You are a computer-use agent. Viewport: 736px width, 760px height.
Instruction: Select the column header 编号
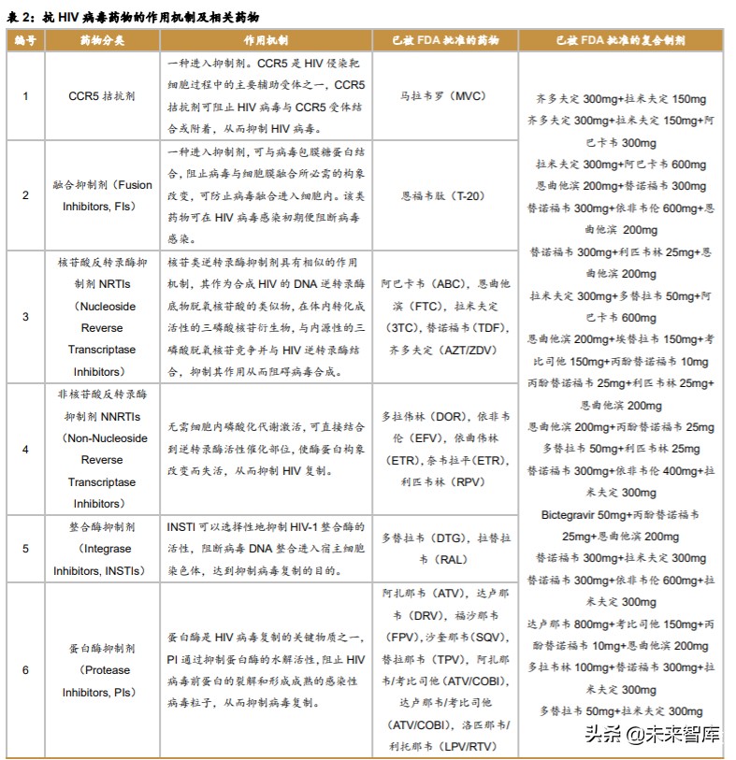pyautogui.click(x=24, y=41)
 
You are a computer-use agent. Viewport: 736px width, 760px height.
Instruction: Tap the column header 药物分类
pyautogui.click(x=102, y=41)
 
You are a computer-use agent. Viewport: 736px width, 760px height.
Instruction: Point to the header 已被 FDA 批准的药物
pyautogui.click(x=444, y=41)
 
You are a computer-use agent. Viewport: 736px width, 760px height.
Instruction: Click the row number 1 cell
pyautogui.click(x=25, y=95)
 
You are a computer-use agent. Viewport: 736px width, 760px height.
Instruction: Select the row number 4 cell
pyautogui.click(x=25, y=449)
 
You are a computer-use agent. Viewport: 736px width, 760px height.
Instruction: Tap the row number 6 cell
pyautogui.click(x=25, y=669)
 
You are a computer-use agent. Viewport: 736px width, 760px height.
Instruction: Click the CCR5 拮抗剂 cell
pyautogui.click(x=102, y=95)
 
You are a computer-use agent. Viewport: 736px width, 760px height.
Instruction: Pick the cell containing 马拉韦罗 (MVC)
pyautogui.click(x=444, y=95)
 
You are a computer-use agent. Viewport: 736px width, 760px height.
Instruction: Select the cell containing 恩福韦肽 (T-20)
pyautogui.click(x=444, y=196)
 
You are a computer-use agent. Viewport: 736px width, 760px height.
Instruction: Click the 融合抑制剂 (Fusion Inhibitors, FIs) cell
pyautogui.click(x=102, y=196)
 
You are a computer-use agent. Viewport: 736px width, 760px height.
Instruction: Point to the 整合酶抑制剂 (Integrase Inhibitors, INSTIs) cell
pyautogui.click(x=102, y=549)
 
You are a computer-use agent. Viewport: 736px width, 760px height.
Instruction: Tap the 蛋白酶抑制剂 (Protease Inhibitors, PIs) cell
pyautogui.click(x=102, y=669)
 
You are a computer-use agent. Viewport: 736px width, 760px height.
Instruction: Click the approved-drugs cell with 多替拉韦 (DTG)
pyautogui.click(x=444, y=549)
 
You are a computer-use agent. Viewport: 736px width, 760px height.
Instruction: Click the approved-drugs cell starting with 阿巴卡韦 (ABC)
pyautogui.click(x=444, y=316)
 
